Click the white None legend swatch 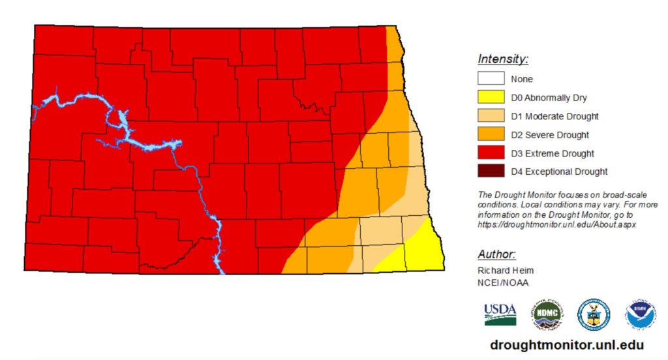(x=491, y=79)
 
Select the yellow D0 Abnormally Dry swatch (x=491, y=98)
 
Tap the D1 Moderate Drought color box (x=491, y=116)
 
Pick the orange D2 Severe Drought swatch (x=491, y=135)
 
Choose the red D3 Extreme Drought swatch (x=491, y=153)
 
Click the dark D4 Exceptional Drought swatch (x=491, y=172)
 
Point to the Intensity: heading (x=503, y=59)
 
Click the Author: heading (x=496, y=254)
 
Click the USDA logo (x=500, y=314)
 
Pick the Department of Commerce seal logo (x=593, y=314)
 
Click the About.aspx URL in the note (x=556, y=224)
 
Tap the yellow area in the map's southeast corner (x=424, y=251)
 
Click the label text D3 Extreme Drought (x=552, y=154)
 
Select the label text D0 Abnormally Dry (x=549, y=98)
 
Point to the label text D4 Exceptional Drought (x=558, y=172)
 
